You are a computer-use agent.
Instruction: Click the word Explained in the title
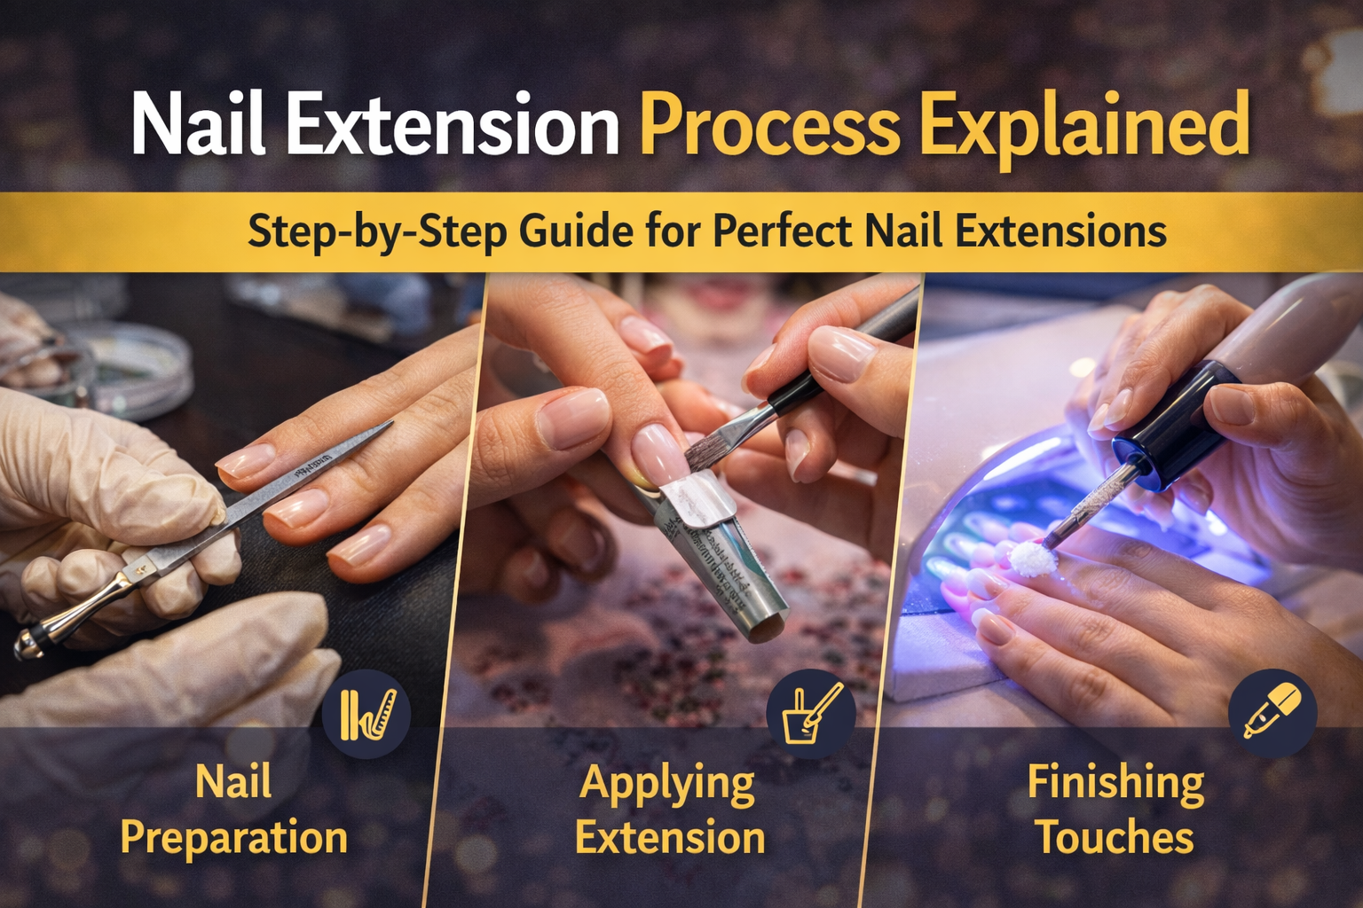[1084, 127]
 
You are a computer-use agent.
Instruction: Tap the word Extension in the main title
[453, 127]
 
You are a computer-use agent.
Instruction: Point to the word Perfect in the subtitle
[783, 231]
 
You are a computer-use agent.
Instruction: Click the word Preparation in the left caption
[233, 838]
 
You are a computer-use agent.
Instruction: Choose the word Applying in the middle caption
[667, 784]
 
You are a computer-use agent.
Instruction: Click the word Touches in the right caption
[1115, 838]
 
